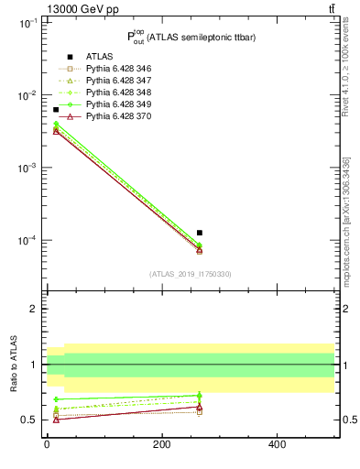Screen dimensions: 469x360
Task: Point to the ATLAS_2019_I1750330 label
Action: [190, 274]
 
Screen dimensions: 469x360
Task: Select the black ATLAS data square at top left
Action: [56, 110]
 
